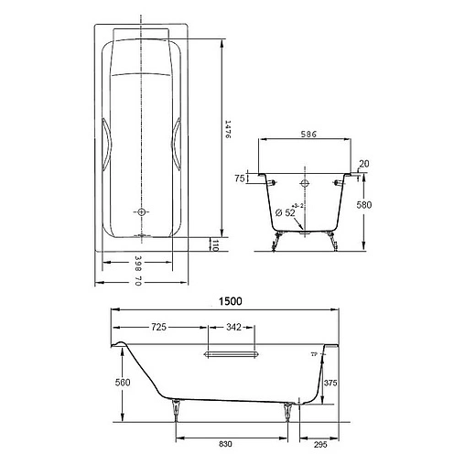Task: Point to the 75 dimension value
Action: (x=240, y=179)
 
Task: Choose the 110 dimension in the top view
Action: (x=216, y=244)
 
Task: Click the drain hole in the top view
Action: (x=142, y=212)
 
